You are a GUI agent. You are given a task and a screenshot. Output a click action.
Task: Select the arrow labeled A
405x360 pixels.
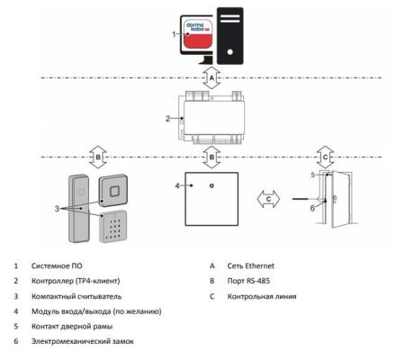[x=210, y=78]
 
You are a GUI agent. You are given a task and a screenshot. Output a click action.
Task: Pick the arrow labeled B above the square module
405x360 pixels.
[x=211, y=157]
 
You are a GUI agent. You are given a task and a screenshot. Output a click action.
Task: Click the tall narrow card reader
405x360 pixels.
[x=78, y=206]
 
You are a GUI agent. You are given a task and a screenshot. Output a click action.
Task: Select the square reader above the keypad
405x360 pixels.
[x=116, y=190]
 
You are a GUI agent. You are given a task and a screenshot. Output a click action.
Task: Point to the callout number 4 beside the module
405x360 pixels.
[x=176, y=185]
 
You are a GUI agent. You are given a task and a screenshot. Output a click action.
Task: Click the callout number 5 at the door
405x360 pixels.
[x=312, y=174]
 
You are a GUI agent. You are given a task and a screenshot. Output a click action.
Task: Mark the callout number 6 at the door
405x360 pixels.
[x=312, y=207]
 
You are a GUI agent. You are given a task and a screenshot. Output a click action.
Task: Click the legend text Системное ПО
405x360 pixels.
[x=55, y=265]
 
